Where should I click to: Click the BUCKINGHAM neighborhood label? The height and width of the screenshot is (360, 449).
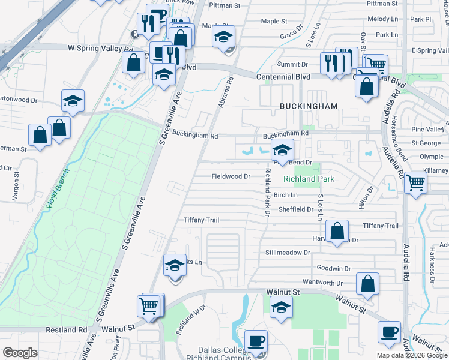point(308,106)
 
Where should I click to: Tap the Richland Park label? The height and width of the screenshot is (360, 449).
point(308,179)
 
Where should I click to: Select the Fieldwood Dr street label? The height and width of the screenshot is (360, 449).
point(231,176)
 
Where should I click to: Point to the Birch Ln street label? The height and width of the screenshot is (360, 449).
point(286,195)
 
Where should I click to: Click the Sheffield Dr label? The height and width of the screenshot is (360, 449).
point(296,209)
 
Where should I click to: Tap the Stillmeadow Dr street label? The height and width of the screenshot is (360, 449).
point(287,253)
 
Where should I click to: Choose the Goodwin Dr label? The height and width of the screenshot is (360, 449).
point(333,268)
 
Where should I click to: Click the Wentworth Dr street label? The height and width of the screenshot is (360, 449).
point(322,283)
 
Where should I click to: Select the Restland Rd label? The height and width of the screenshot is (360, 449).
point(66,330)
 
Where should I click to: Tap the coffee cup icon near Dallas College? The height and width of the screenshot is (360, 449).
point(256,341)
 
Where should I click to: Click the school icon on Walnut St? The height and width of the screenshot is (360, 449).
point(280,308)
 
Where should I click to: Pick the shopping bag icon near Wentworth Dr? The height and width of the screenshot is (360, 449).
point(367,285)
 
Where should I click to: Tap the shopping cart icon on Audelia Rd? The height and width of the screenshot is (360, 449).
point(415,182)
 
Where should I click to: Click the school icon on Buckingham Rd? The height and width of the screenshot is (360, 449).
point(282,150)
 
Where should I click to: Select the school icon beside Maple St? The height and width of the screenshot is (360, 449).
point(223,38)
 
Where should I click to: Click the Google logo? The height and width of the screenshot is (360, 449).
point(20,353)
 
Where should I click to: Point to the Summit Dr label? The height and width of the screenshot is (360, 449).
point(293,64)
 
